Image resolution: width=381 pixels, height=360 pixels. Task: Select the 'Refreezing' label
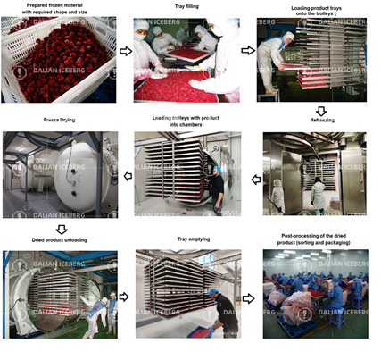pos(322,119)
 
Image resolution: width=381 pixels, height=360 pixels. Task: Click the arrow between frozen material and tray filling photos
pos(126,52)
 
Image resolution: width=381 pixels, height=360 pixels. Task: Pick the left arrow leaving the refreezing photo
pos(256,180)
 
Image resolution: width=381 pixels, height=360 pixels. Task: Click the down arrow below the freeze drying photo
pos(62,229)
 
